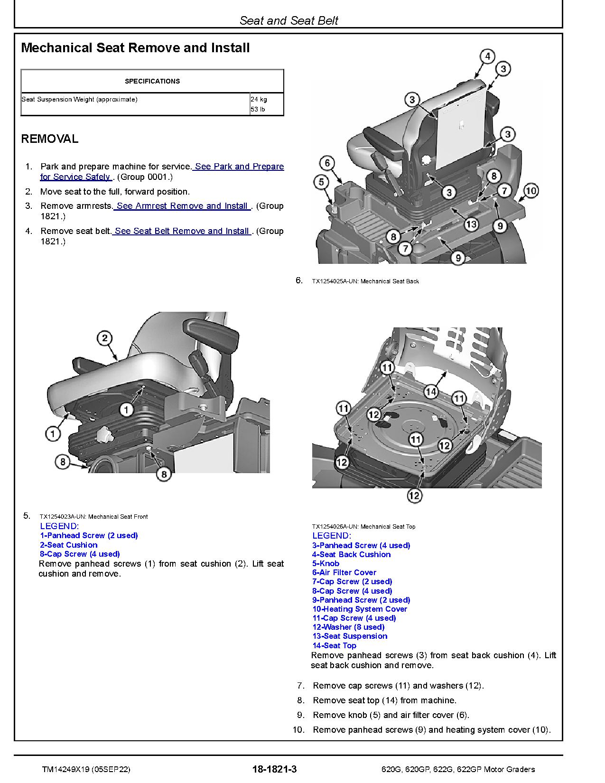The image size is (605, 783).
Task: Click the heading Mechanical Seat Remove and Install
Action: pos(135,48)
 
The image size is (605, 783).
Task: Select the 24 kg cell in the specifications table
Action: pos(259,100)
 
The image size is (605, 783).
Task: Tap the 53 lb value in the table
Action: pos(258,110)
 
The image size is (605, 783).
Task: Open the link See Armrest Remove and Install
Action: pos(182,206)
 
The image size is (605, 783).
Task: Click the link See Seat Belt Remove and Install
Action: pos(182,231)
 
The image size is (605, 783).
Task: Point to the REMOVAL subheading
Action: pos(50,139)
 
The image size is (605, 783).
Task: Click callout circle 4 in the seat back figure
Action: pos(487,56)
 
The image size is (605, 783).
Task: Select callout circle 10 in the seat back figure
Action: pos(531,191)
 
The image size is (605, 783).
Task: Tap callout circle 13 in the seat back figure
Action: pos(471,224)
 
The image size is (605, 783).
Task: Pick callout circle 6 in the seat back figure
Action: pos(327,164)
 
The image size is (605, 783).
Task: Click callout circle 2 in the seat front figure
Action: pos(104,338)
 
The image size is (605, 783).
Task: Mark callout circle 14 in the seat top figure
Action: pos(431,391)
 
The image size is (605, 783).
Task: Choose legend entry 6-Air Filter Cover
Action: pos(344,573)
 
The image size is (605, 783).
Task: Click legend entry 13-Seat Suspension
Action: pos(350,636)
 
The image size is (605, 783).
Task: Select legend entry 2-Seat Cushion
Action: pos(69,545)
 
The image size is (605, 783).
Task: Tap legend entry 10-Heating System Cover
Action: pos(360,609)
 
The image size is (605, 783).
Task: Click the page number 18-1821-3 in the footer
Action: pos(275,769)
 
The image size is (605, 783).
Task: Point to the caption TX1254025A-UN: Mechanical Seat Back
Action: pos(365,281)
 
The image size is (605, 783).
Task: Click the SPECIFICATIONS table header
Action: pos(152,81)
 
